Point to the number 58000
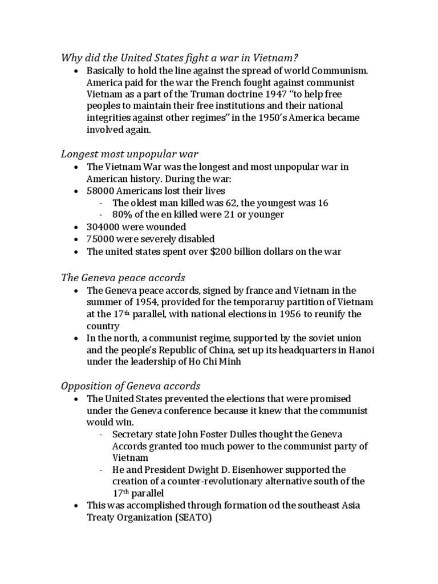(x=102, y=190)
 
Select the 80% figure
(x=121, y=214)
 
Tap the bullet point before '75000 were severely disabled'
(x=76, y=239)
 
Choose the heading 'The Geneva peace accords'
(x=123, y=278)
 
